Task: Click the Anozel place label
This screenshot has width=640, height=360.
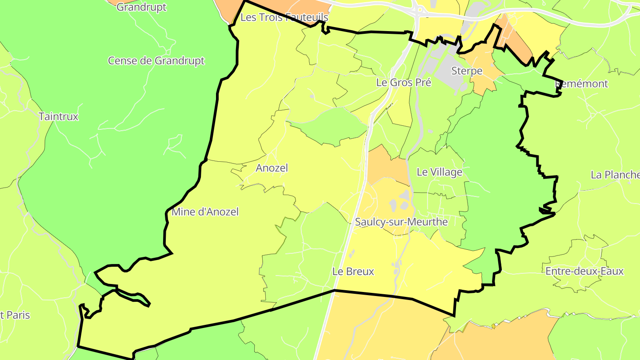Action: (x=272, y=168)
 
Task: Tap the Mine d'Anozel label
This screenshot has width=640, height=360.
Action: (x=205, y=212)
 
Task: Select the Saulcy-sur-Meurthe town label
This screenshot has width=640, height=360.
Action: (x=401, y=221)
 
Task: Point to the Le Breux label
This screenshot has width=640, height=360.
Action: (x=353, y=271)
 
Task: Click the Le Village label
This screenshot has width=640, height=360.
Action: (x=439, y=172)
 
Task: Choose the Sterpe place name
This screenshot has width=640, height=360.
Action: (x=467, y=71)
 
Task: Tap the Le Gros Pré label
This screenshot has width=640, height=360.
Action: (x=404, y=82)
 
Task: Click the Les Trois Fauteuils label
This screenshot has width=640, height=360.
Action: (x=284, y=17)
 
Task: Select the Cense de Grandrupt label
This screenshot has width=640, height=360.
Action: (x=156, y=60)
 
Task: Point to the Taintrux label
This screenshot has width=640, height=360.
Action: (x=58, y=116)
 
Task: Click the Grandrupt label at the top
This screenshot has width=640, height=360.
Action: (x=141, y=7)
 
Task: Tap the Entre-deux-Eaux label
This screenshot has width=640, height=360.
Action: (x=584, y=271)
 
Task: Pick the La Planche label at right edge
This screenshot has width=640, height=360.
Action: (x=615, y=175)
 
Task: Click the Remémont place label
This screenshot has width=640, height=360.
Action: (x=582, y=84)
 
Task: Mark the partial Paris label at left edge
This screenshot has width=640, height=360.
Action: (x=15, y=315)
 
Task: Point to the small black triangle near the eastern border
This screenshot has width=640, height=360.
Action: (x=543, y=210)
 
